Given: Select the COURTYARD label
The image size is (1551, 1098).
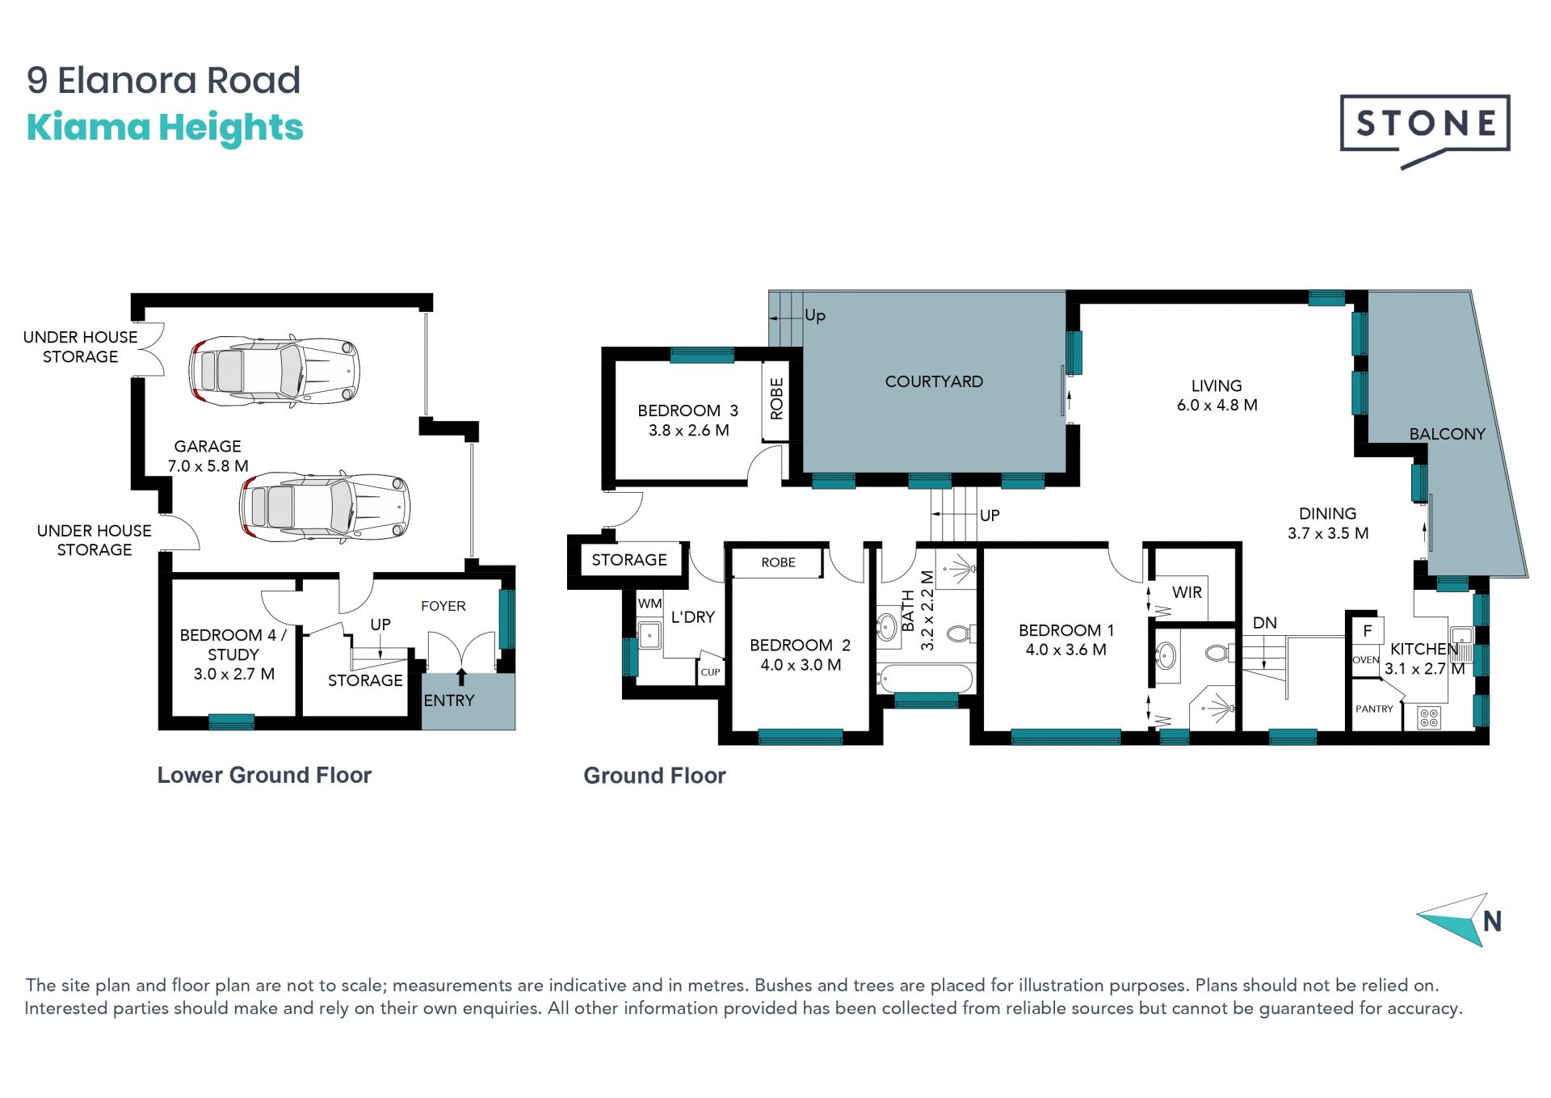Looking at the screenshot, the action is tap(934, 381).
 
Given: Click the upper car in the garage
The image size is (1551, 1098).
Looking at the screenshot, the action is tap(274, 371).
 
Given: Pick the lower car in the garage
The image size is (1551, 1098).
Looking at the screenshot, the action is tap(325, 506).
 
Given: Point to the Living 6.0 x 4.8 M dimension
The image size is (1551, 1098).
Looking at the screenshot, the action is tap(1217, 405).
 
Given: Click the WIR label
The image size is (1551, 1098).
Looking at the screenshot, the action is tap(1187, 592).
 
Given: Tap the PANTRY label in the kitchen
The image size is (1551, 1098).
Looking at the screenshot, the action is tap(1374, 709).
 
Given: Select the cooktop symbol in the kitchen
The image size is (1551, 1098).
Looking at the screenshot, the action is tap(1429, 717).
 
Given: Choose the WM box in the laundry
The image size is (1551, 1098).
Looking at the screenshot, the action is tap(649, 604).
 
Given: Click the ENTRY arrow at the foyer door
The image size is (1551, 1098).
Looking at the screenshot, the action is tap(461, 677).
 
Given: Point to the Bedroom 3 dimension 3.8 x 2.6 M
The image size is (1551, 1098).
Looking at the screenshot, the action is tap(688, 431).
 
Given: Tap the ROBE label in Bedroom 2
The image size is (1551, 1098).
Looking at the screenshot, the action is tap(778, 562).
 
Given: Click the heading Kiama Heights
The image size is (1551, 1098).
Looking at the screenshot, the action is tap(165, 128).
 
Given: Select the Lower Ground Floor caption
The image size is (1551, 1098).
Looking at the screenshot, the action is tap(264, 775).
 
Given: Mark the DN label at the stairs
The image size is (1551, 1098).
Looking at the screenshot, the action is tap(1265, 623).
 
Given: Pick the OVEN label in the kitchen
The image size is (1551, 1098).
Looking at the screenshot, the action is tap(1365, 660).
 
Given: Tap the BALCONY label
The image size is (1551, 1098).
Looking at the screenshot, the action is tap(1447, 434).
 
